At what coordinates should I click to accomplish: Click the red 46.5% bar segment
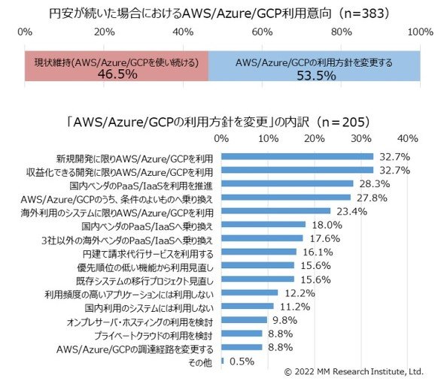[x=117, y=66]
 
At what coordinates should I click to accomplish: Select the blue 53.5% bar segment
[x=315, y=66]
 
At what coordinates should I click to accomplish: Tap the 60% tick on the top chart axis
[x=262, y=32]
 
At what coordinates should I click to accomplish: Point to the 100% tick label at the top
[x=421, y=32]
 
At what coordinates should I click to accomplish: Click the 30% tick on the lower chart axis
[x=361, y=138]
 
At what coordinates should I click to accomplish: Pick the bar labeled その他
[x=223, y=361]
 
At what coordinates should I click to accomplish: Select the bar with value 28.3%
[x=287, y=183]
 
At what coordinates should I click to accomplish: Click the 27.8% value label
[x=372, y=198]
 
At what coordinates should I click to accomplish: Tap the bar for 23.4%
[x=275, y=210]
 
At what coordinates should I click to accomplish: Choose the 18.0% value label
[x=327, y=225]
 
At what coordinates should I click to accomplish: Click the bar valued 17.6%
[x=262, y=238]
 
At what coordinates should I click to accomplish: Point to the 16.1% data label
[x=318, y=252]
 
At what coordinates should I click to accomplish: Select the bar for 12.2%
[x=249, y=292]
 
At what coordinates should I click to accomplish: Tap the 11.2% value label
[x=295, y=307]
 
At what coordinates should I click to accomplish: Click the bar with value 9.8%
[x=244, y=320]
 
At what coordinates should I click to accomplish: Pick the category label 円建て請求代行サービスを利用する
[x=147, y=254]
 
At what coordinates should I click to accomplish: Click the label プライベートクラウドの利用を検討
[x=154, y=335]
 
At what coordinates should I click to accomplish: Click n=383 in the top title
[x=363, y=14]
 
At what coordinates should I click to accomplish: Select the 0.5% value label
[x=242, y=361]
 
